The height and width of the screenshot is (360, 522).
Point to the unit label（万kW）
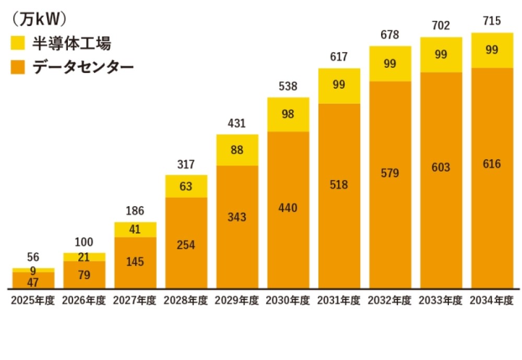click(x=39, y=19)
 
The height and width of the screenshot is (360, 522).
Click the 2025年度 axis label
click(x=32, y=301)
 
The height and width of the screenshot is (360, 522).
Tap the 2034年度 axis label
click(x=492, y=301)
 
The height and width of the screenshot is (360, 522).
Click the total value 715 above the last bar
click(x=492, y=21)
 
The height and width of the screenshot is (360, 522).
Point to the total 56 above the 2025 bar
click(x=33, y=257)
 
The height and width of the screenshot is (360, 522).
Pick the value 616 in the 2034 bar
click(x=492, y=164)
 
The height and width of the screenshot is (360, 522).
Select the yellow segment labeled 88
click(x=237, y=150)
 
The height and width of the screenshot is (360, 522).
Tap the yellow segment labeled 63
click(x=186, y=186)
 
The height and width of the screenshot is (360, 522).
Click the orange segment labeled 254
click(x=186, y=245)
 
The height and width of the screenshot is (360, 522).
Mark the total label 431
click(x=237, y=124)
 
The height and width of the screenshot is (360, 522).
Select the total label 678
click(x=390, y=35)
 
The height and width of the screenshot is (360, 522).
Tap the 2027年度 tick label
click(x=135, y=301)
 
